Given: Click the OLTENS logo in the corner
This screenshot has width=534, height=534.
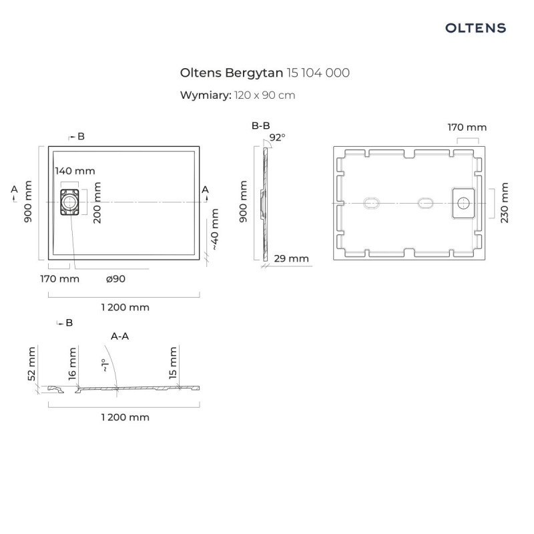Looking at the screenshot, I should pyautogui.click(x=475, y=28).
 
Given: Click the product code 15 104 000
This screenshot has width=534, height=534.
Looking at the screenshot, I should pyautogui.click(x=318, y=72).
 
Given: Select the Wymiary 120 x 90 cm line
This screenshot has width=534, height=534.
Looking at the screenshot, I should pyautogui.click(x=238, y=95).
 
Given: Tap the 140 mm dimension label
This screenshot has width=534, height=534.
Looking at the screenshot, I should pyautogui.click(x=75, y=172).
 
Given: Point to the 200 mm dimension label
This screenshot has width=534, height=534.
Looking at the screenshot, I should pyautogui.click(x=97, y=203).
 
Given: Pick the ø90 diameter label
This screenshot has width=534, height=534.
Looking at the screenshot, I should pyautogui.click(x=115, y=278).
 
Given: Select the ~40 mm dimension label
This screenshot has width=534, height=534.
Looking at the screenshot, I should pyautogui.click(x=214, y=229).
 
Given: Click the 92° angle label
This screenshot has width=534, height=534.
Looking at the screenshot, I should pyautogui.click(x=277, y=138).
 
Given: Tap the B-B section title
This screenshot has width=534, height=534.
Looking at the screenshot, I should pyautogui.click(x=260, y=125).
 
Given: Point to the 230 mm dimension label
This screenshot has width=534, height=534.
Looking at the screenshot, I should pyautogui.click(x=505, y=203).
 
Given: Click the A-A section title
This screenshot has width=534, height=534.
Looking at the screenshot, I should pyautogui.click(x=119, y=336).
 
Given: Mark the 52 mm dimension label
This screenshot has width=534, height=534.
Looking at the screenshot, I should pyautogui.click(x=31, y=364).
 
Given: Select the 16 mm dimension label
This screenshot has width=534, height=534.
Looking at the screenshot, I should pyautogui.click(x=73, y=364).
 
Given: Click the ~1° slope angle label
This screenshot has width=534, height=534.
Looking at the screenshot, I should pyautogui.click(x=103, y=365).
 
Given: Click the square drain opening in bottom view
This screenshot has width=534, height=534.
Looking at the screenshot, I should pyautogui.click(x=463, y=202).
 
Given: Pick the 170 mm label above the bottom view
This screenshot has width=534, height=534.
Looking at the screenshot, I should pyautogui.click(x=467, y=127).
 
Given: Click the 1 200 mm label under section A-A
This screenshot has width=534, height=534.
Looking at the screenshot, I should pyautogui.click(x=125, y=417).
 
